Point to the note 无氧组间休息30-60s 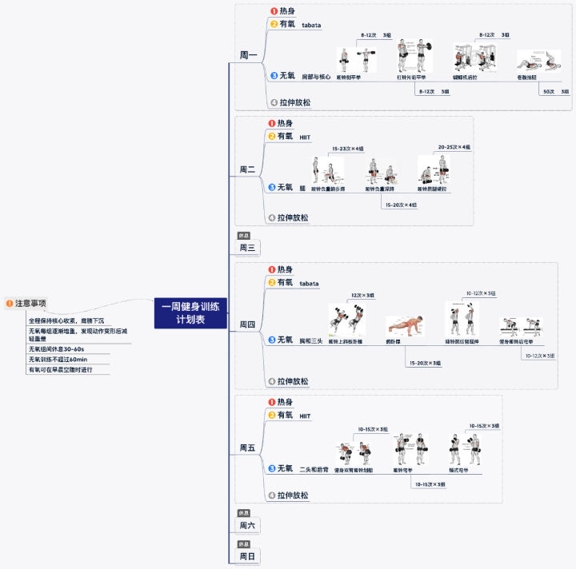[57, 349]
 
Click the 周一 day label [249, 56]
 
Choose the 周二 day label [248, 169]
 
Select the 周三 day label [247, 248]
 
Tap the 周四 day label [248, 324]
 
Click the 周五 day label [247, 448]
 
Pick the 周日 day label [247, 555]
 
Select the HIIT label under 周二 [305, 137]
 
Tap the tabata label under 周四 [309, 284]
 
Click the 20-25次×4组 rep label [454, 147]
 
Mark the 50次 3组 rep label [554, 92]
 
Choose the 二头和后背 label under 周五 [314, 470]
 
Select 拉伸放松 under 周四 [293, 382]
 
